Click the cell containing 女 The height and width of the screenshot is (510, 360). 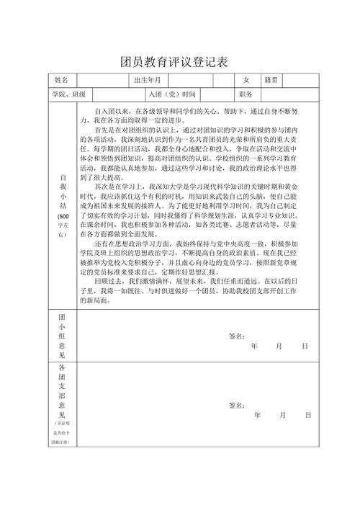click(246, 80)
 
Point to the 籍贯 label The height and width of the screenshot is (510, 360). click(271, 80)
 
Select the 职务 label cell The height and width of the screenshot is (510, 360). click(246, 94)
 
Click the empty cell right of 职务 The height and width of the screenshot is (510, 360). click(288, 94)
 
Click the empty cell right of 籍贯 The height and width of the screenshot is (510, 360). click(301, 80)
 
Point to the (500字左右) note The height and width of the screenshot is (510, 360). click(63, 225)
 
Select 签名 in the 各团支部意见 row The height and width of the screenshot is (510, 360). click(236, 405)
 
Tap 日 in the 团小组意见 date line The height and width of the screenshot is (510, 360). click(305, 346)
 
